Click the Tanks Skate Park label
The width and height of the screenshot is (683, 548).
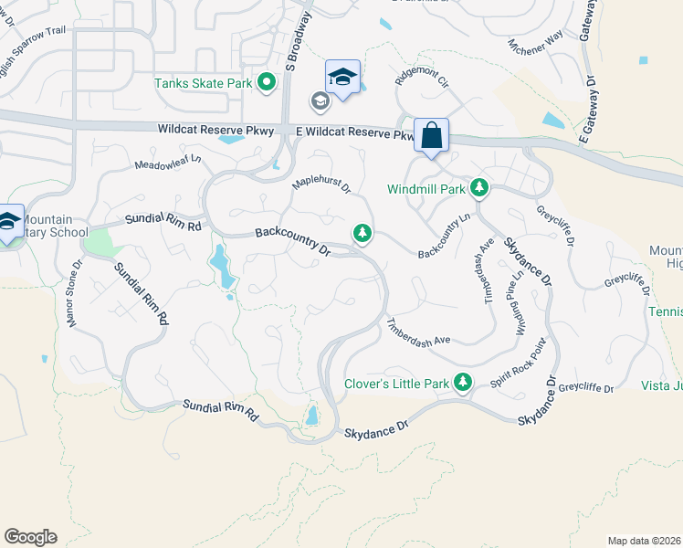pos(203,83)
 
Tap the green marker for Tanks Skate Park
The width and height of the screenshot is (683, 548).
pos(267,83)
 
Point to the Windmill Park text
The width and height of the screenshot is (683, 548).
pos(426,189)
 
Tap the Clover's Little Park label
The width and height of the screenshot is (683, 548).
pos(397,384)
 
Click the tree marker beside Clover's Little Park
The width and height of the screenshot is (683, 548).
pos(464,383)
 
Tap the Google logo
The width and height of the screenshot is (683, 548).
pos(30,537)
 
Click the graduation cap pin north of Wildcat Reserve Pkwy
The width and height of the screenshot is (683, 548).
pos(342,77)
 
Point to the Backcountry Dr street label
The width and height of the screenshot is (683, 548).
pos(292,240)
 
